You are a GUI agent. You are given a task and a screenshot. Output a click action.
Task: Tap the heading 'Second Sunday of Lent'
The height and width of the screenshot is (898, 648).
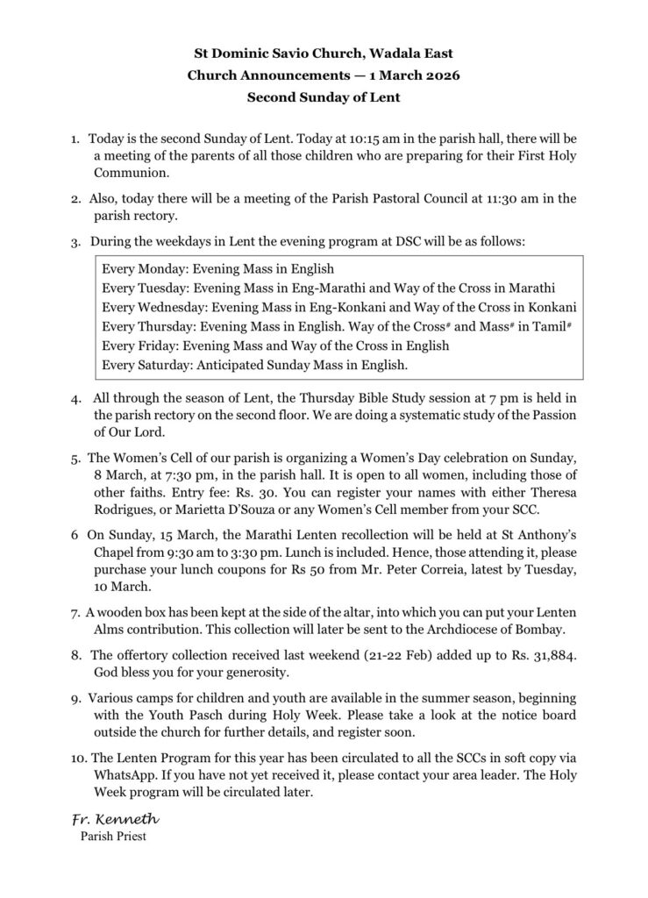click(324, 97)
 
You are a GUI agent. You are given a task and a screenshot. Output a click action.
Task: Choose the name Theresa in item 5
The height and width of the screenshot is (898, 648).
click(550, 492)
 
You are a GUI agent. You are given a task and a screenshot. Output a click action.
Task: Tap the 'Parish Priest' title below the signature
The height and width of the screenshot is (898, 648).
click(112, 837)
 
